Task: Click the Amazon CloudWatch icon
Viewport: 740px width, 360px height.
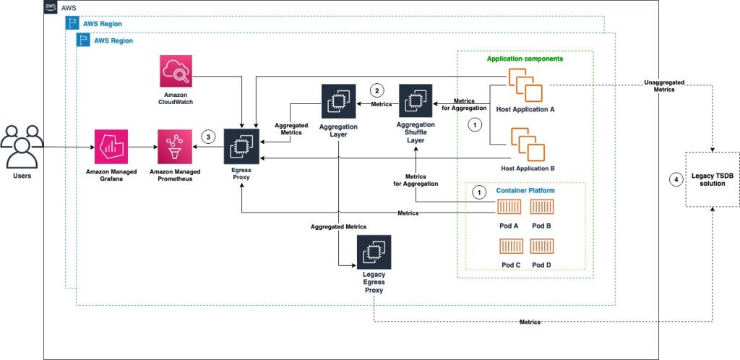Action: tap(177, 72)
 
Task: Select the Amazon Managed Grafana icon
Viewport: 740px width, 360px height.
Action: tap(111, 147)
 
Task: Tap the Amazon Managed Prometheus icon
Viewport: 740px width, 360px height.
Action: tap(176, 147)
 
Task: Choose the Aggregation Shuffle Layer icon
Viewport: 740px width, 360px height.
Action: tap(415, 102)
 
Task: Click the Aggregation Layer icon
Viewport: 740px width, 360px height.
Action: tap(339, 102)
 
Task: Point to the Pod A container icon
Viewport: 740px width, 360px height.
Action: tap(510, 208)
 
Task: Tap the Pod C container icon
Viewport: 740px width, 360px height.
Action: tap(510, 247)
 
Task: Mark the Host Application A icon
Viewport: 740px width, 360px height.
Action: tap(526, 85)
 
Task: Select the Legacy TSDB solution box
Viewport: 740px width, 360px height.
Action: tap(713, 180)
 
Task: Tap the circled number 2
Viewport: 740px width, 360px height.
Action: tap(376, 90)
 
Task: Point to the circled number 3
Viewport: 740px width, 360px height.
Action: tap(209, 137)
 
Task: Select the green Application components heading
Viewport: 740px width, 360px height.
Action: tap(524, 58)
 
